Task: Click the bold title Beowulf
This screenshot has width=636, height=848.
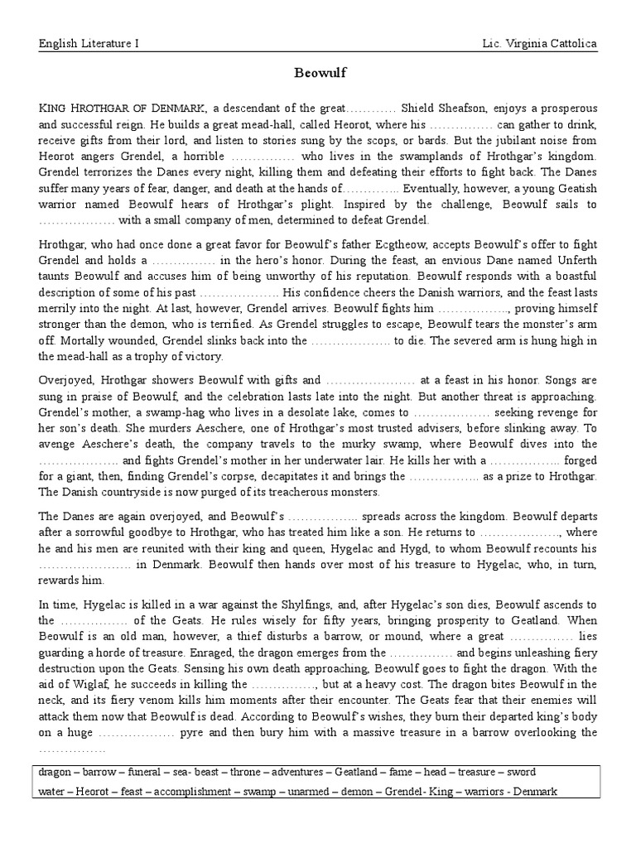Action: click(318, 73)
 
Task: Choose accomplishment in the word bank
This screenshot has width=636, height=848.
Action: click(190, 792)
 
